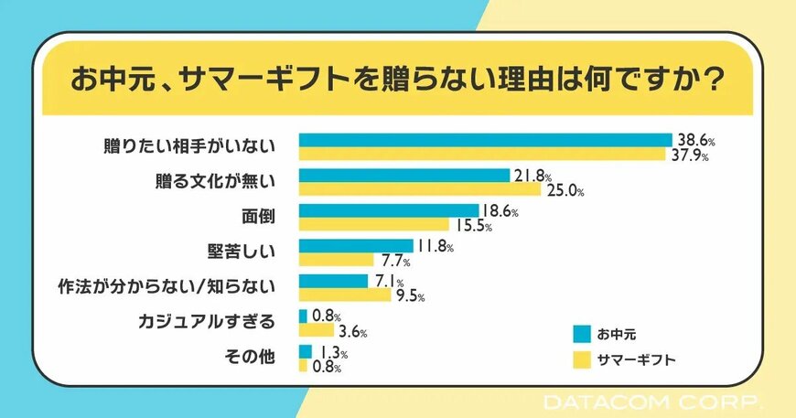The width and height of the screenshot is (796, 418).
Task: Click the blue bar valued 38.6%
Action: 485,139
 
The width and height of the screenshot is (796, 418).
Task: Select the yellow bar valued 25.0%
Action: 420,189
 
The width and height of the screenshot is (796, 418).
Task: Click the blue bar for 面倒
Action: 389,210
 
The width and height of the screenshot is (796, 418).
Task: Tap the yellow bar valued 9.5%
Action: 345,295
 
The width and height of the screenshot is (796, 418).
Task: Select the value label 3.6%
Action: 352,331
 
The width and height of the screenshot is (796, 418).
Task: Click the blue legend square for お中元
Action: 581,333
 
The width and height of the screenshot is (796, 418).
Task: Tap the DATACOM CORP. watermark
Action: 651,402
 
